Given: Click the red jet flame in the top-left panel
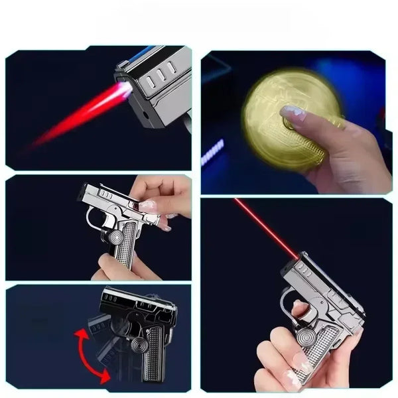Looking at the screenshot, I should pos(80,116).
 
